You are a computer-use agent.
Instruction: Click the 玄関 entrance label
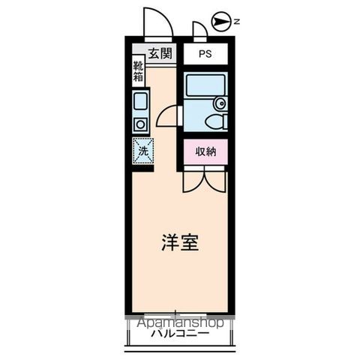pyautogui.click(x=160, y=53)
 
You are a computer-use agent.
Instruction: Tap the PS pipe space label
pyautogui.click(x=205, y=54)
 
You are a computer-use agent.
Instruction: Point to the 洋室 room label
pyautogui.click(x=181, y=244)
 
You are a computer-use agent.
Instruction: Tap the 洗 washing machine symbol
pyautogui.click(x=142, y=150)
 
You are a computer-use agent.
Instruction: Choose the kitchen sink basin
pyautogui.click(x=140, y=102)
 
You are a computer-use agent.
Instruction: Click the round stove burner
pyautogui.click(x=139, y=124)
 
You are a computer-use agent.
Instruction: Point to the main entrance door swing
pyautogui.click(x=157, y=22)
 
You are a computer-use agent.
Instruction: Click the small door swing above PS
pyautogui.click(x=199, y=30)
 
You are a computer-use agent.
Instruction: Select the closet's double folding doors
pyautogui.click(x=204, y=178)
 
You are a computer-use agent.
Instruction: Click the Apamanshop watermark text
pyautogui.click(x=180, y=322)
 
